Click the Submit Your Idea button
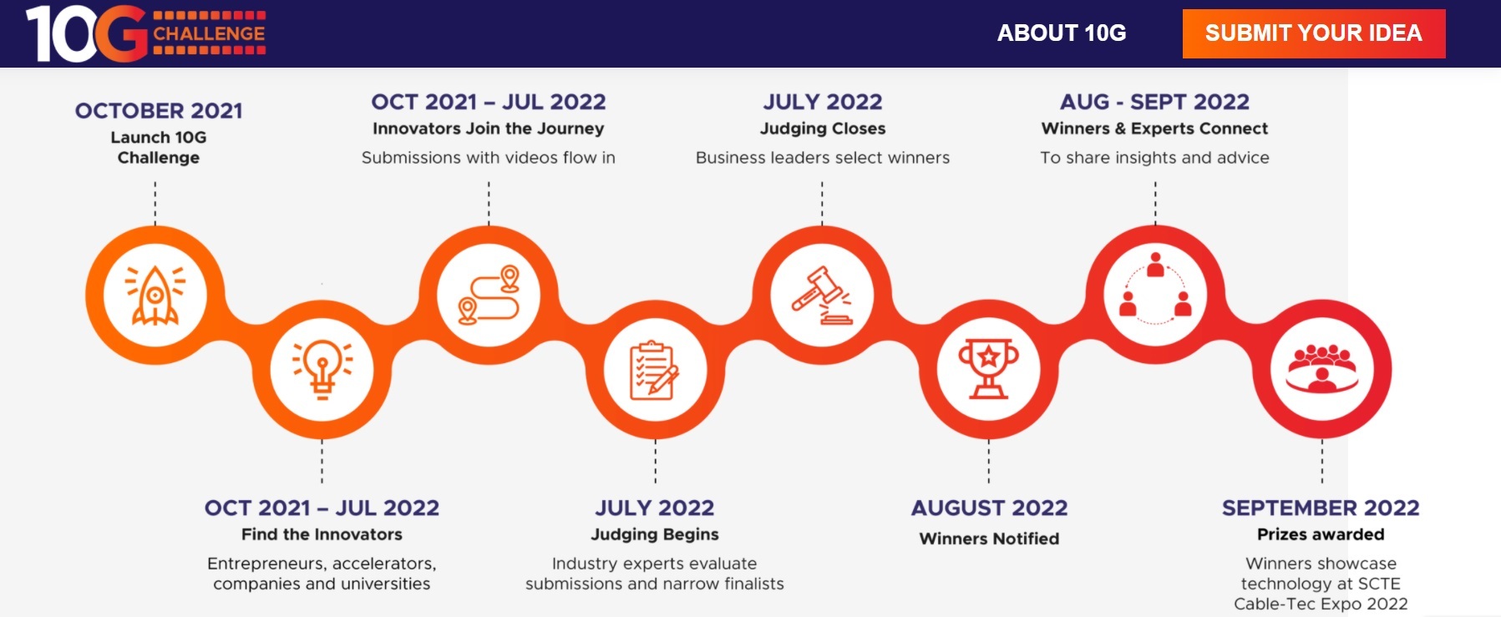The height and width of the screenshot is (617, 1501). tap(1314, 33)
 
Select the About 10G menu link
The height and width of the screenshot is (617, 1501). tap(1062, 33)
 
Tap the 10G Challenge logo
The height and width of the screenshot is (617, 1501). tap(146, 33)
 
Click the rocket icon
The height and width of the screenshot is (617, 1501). tap(155, 295)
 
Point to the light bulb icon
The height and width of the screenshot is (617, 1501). tap(322, 369)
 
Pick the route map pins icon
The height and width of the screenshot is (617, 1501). tap(489, 295)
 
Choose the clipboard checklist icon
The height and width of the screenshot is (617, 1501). tap(655, 370)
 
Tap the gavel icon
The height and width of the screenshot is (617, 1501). tap(823, 295)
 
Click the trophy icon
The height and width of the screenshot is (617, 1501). tap(989, 369)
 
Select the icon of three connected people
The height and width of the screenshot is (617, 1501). tap(1155, 288)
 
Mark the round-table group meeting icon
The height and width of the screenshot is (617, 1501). tap(1322, 368)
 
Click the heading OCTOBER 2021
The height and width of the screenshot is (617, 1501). tap(159, 111)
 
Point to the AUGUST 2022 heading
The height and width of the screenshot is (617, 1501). tap(989, 508)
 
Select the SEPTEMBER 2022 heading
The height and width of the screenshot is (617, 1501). tap(1321, 508)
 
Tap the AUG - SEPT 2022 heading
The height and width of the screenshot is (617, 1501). tap(1154, 102)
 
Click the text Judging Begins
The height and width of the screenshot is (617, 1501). tap(655, 534)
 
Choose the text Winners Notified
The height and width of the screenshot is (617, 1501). tap(989, 539)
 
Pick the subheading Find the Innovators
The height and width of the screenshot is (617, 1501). tap(322, 534)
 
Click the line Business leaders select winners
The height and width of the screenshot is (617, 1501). tap(823, 158)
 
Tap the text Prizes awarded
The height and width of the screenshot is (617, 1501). tap(1321, 534)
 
